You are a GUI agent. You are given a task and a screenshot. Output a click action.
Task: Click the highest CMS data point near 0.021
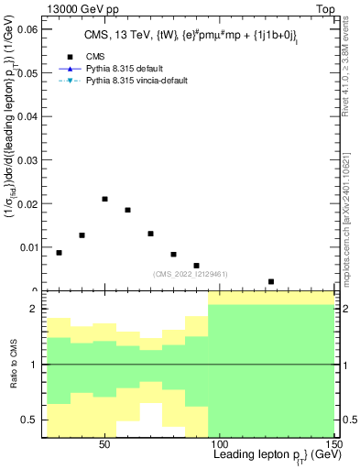tap(105, 199)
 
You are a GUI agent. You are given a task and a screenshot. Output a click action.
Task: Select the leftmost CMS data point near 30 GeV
tap(60, 253)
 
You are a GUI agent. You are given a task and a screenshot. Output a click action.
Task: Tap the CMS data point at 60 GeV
tap(128, 210)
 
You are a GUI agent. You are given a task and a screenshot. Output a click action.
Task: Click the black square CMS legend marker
tap(69, 56)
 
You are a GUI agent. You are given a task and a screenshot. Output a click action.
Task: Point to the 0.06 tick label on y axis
tap(27, 29)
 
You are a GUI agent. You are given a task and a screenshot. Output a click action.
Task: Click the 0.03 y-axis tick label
tap(27, 159)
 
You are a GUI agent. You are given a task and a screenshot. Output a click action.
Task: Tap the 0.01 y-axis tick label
tap(27, 246)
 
